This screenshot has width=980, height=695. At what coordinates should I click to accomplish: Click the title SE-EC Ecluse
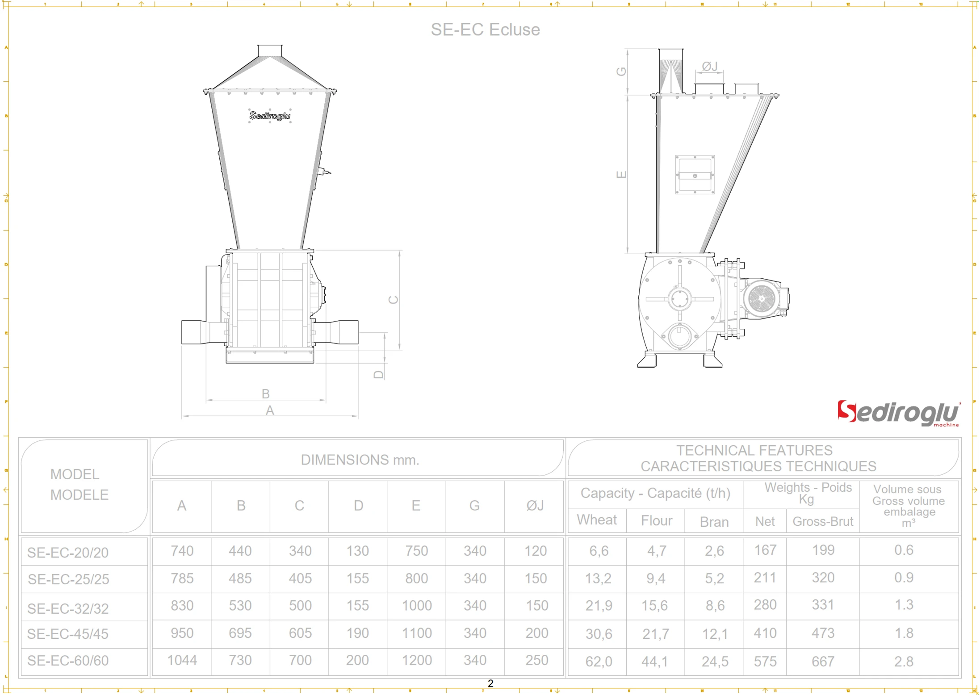pyautogui.click(x=485, y=29)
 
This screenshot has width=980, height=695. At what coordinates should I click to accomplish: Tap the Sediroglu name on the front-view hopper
pyautogui.click(x=270, y=116)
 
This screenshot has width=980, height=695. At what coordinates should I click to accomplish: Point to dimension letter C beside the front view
pyautogui.click(x=393, y=299)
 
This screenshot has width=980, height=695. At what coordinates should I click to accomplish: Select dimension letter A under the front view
pyautogui.click(x=269, y=410)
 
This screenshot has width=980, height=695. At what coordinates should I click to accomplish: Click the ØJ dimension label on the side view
pyautogui.click(x=709, y=67)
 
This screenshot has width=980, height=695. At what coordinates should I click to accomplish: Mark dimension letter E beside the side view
pyautogui.click(x=621, y=174)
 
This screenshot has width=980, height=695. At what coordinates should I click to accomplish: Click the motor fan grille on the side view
pyautogui.click(x=762, y=298)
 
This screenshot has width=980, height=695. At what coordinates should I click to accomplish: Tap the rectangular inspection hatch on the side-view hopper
pyautogui.click(x=695, y=175)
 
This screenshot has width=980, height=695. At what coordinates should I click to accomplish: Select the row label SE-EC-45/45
pyautogui.click(x=68, y=633)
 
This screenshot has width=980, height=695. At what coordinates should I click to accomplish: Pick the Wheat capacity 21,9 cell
pyautogui.click(x=598, y=605)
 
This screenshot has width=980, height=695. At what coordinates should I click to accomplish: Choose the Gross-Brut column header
pyautogui.click(x=822, y=521)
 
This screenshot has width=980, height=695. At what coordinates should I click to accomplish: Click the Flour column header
pyautogui.click(x=656, y=520)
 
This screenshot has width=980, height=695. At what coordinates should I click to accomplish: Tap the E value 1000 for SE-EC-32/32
pyautogui.click(x=416, y=605)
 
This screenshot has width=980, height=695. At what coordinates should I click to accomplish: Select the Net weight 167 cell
pyautogui.click(x=765, y=550)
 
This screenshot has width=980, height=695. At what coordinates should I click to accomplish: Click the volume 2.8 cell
pyautogui.click(x=903, y=661)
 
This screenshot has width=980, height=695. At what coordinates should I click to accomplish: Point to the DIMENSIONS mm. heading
pyautogui.click(x=360, y=460)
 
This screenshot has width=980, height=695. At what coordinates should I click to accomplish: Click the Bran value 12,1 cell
pyautogui.click(x=715, y=633)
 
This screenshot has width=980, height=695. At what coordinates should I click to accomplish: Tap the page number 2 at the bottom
pyautogui.click(x=490, y=683)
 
